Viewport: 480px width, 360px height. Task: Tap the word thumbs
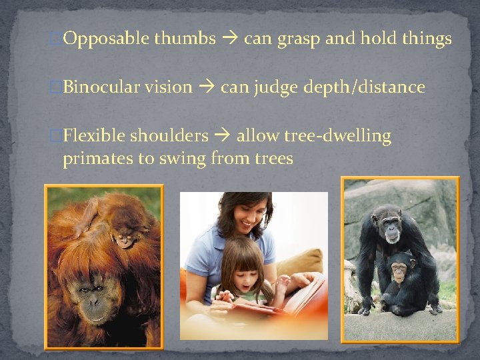pyautogui.click(x=185, y=39)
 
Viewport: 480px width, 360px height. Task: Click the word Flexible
pyautogui.click(x=93, y=136)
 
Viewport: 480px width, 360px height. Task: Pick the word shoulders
pyautogui.click(x=169, y=136)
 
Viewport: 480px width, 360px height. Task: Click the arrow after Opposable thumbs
pyautogui.click(x=229, y=39)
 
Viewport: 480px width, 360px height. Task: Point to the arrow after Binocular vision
pyautogui.click(x=206, y=87)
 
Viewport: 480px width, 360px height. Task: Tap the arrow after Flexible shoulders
pyautogui.click(x=222, y=136)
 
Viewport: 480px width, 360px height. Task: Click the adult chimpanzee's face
pyautogui.click(x=389, y=226)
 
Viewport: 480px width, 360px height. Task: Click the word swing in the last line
pyautogui.click(x=185, y=159)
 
